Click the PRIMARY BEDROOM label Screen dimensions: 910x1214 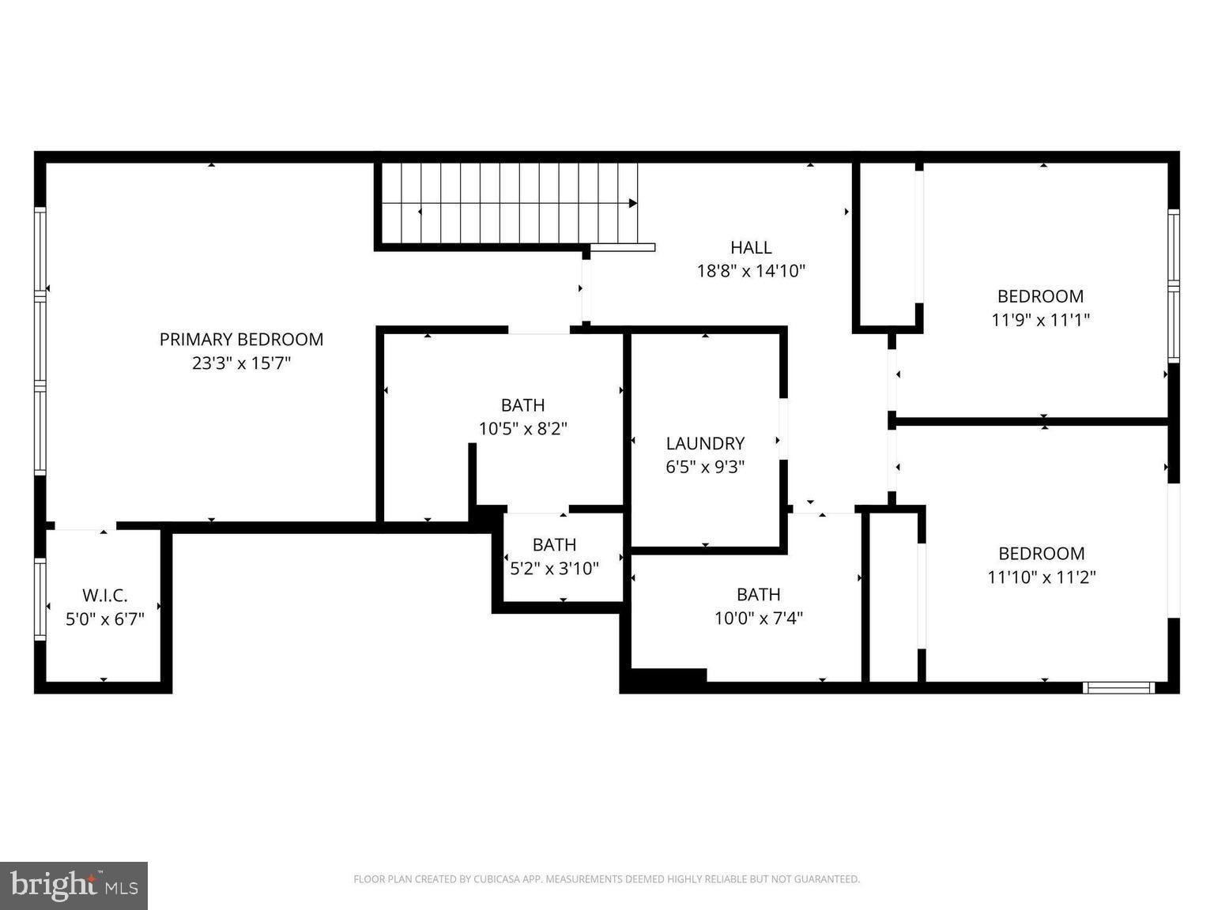point(241,340)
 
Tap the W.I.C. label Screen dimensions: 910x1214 point(104,596)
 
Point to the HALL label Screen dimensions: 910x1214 point(750,247)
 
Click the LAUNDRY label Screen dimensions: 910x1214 point(705,443)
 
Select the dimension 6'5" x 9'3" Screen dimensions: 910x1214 point(705,467)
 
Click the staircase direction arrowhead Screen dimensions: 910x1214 point(633,203)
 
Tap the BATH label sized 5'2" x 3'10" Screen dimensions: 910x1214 point(554,545)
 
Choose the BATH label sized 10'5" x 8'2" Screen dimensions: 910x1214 point(522,405)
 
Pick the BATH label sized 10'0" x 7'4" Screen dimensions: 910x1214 point(758,595)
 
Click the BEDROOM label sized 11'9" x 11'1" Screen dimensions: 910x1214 point(1040,297)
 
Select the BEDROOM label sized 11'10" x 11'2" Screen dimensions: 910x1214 point(1041,554)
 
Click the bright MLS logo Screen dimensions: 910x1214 point(74,886)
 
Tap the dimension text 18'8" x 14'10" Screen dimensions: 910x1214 point(750,271)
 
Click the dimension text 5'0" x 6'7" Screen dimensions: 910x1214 point(104,619)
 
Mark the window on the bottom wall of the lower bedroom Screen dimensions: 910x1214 point(1118,688)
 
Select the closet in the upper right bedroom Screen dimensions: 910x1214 point(887,245)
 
